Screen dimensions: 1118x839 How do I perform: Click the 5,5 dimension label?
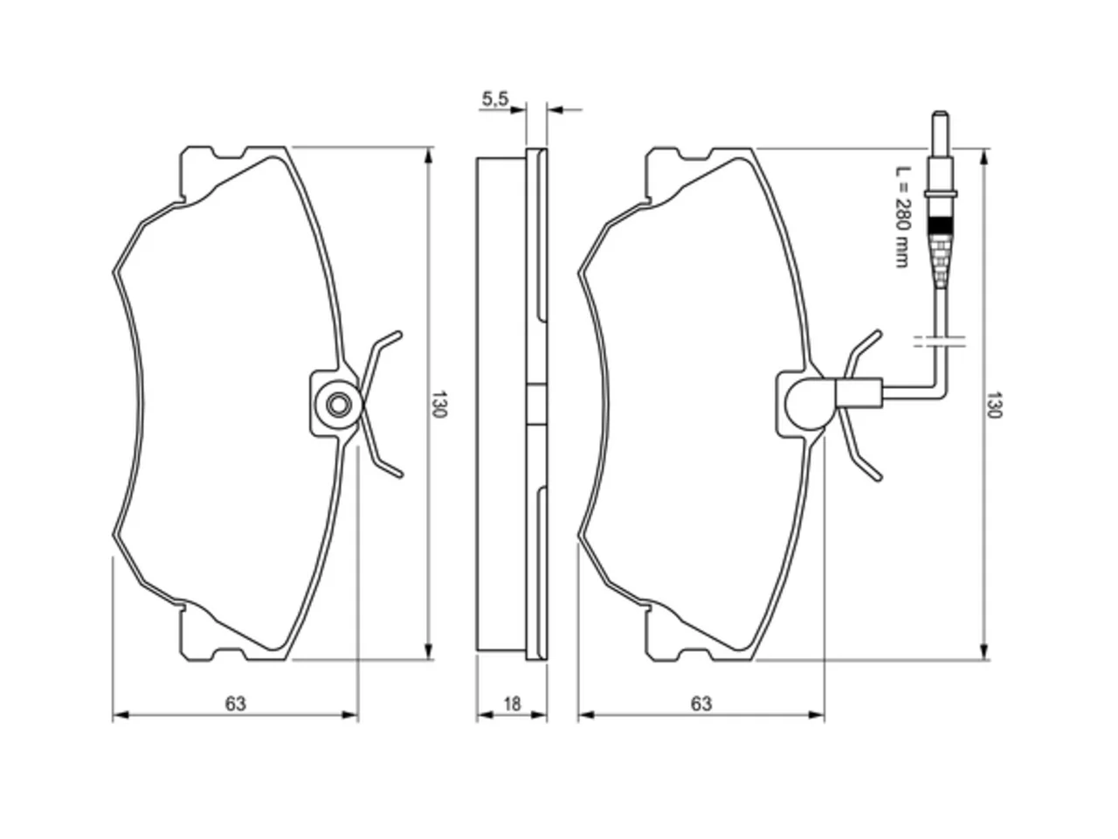tap(494, 99)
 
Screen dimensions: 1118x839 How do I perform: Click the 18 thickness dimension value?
tap(512, 704)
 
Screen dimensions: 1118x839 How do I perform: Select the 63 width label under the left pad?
tap(235, 704)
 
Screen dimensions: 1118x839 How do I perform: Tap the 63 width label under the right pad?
tap(700, 704)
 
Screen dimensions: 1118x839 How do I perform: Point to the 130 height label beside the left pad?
tap(438, 404)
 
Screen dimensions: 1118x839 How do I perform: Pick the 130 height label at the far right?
tap(994, 405)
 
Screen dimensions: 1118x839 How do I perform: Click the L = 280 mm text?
tap(903, 216)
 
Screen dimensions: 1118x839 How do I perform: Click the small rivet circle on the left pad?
tap(339, 405)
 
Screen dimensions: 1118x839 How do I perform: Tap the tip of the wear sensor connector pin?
tap(940, 113)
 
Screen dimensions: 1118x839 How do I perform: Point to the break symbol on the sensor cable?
tap(940, 342)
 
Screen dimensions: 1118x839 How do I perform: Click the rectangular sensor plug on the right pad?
tap(859, 392)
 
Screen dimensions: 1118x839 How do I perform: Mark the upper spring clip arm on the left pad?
tap(379, 356)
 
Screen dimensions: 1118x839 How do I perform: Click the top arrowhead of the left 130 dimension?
tap(429, 155)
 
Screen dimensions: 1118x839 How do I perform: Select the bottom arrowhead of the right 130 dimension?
tap(984, 652)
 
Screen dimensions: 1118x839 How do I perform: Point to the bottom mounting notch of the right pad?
tap(694, 655)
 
